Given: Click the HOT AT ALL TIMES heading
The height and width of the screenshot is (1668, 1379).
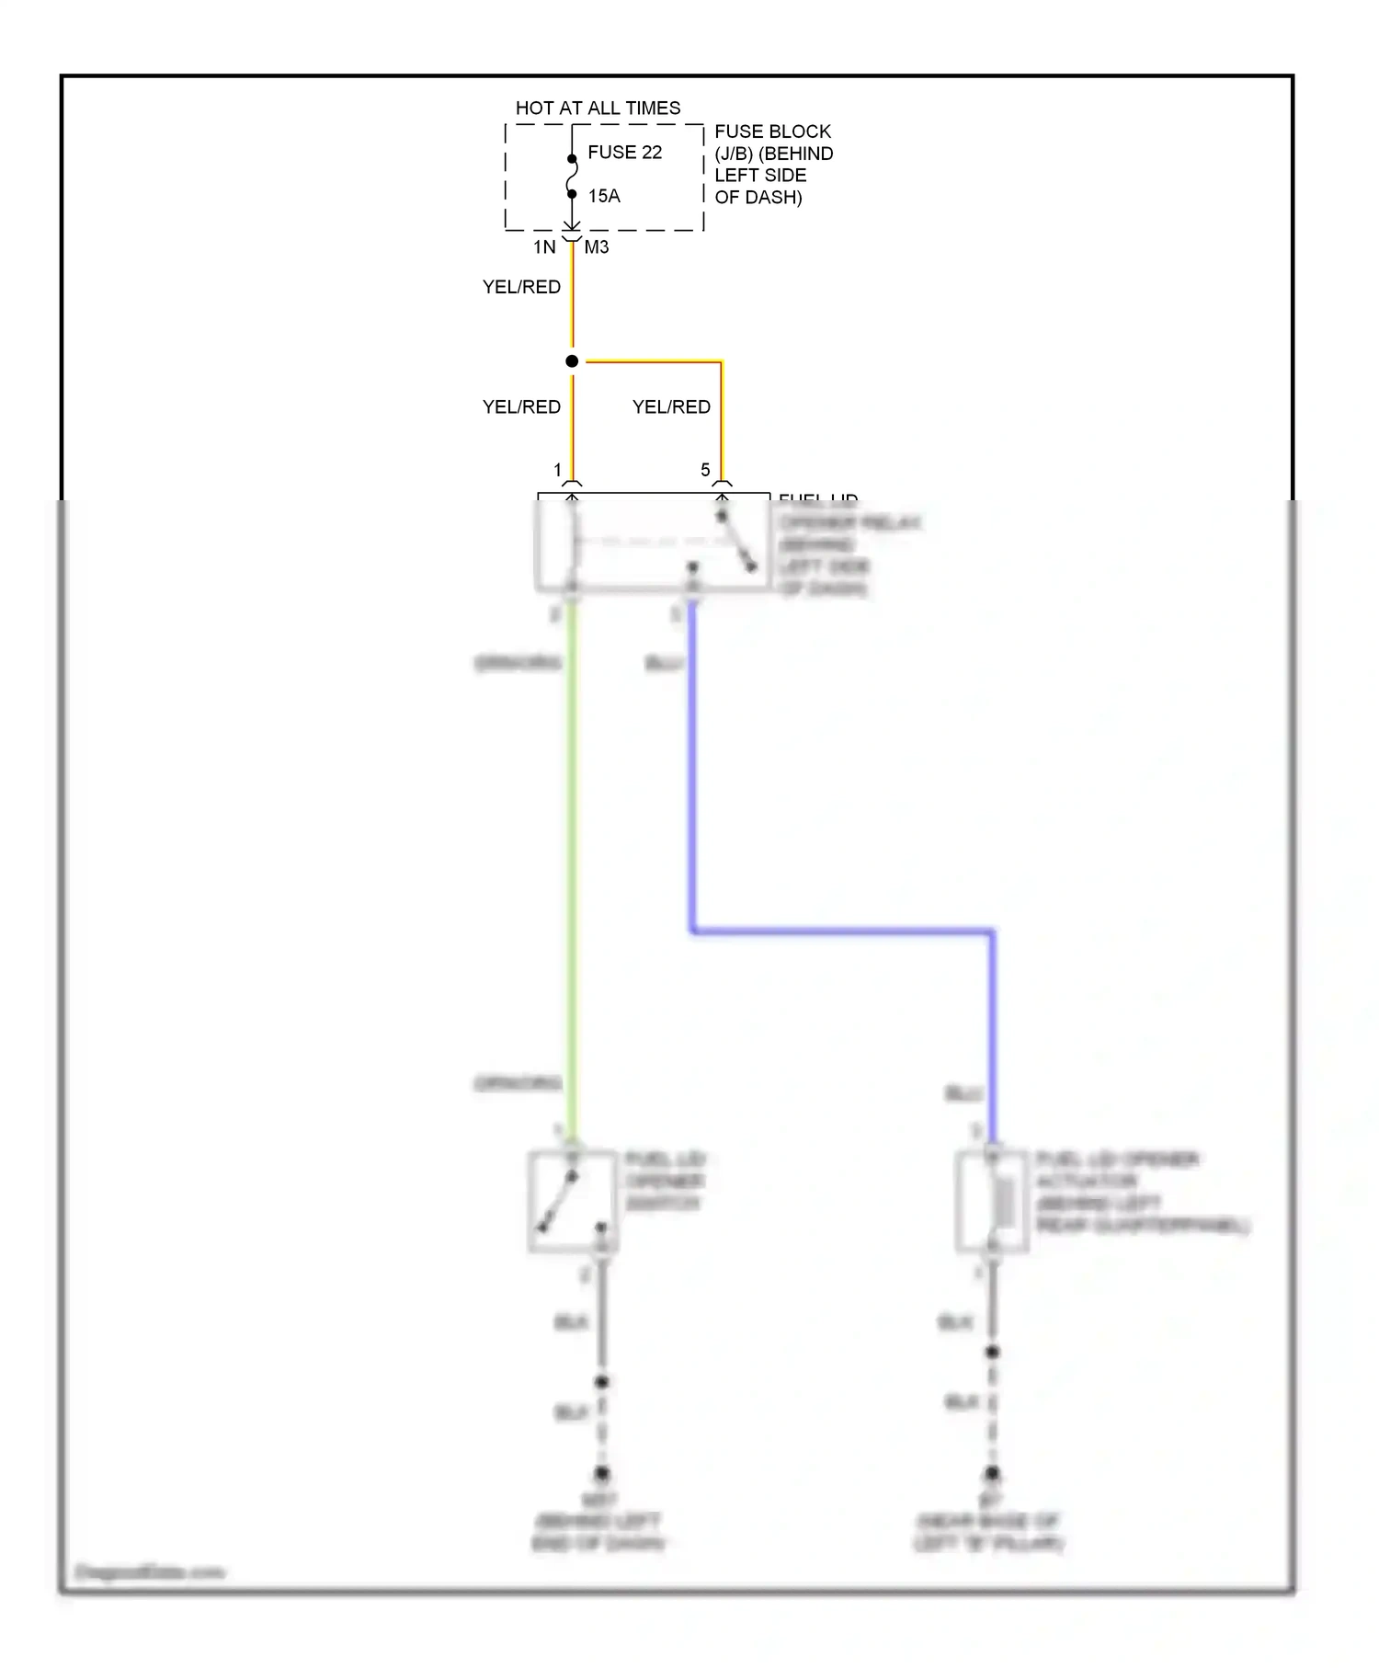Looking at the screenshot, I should pos(598,109).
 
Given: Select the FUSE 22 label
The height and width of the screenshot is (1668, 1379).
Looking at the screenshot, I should pos(624,153).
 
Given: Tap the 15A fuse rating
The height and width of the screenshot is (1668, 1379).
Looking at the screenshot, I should pos(604,196).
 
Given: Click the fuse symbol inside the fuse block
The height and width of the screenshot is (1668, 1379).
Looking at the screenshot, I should pos(572,177).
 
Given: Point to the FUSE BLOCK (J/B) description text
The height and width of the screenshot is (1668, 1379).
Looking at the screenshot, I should pos(773,165).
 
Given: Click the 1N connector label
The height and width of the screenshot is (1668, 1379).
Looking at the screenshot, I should pos(544,246).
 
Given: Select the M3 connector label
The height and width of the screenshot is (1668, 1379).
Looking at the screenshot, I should pos(597,246).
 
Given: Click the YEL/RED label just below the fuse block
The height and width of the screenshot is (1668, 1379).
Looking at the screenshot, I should pos(521,287).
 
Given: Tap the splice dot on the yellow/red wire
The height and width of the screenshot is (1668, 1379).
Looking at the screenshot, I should pos(572,361).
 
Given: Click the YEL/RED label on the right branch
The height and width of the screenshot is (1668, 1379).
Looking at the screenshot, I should pos(671,406).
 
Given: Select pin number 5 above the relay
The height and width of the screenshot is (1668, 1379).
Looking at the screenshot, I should pos(705,470).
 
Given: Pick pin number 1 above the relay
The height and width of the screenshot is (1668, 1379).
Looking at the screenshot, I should pos(557,470).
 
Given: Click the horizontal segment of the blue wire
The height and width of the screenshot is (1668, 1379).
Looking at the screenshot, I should pos(841,932).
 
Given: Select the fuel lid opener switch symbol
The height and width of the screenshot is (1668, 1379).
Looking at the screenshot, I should pos(572,1201).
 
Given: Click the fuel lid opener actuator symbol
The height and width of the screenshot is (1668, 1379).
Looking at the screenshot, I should pos(992,1201).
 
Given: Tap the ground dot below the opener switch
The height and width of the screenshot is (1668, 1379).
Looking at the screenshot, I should pos(601,1473).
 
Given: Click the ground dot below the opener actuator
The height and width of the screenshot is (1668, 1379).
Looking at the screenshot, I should pos(992,1473).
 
